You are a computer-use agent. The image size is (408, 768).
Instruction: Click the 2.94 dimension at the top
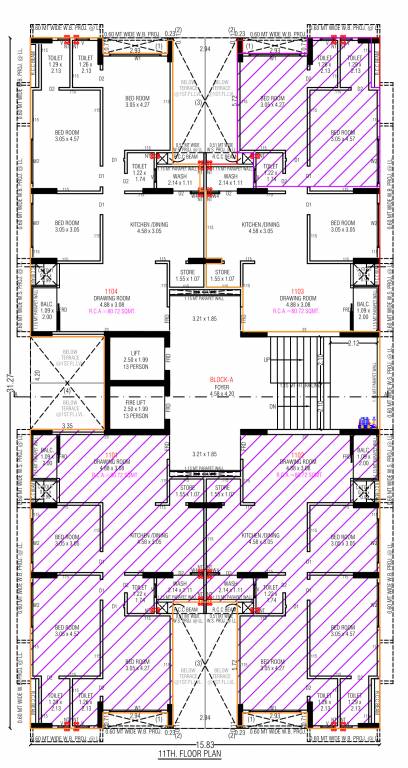(x=204, y=47)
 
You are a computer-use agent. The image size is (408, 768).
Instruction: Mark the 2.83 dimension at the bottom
(x=204, y=717)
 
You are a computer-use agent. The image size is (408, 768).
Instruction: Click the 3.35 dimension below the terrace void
(x=66, y=426)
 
